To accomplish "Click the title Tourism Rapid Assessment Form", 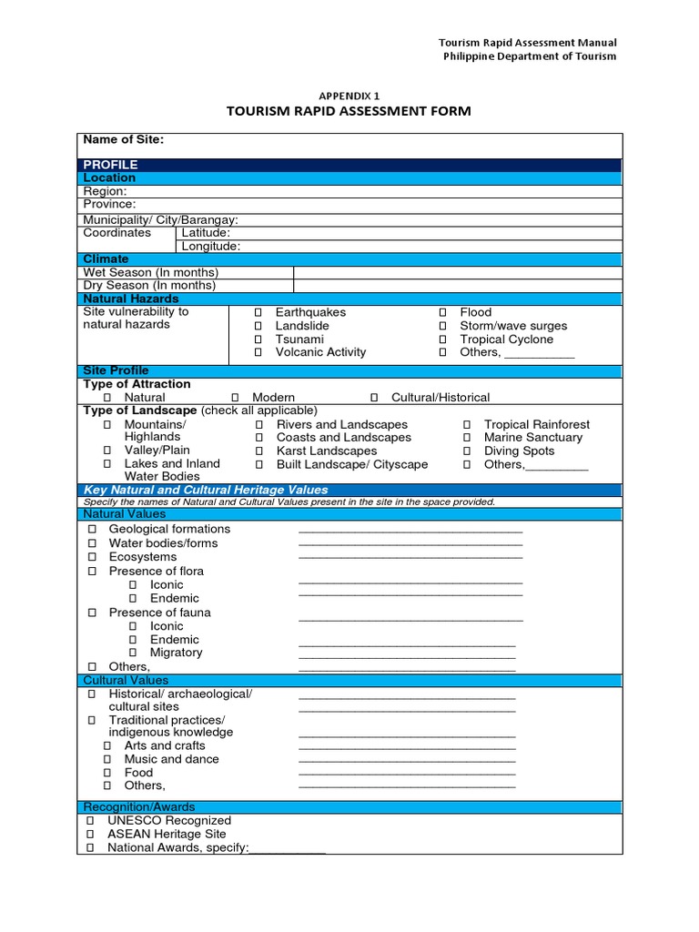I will click(x=349, y=111).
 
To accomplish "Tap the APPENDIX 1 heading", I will click(x=349, y=95).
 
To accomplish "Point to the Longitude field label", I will click(x=210, y=246).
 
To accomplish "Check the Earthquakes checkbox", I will click(x=258, y=312).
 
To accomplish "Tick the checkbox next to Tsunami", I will click(x=258, y=339).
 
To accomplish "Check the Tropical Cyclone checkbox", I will click(x=443, y=339).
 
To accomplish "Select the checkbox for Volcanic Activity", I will click(x=258, y=352).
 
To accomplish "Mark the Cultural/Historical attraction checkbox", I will click(x=374, y=398).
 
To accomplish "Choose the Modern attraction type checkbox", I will click(x=235, y=398).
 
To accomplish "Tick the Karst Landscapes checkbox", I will click(x=259, y=451).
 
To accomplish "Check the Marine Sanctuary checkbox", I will click(x=467, y=438).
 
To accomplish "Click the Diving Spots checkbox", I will click(x=467, y=451).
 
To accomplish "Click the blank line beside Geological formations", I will click(x=410, y=531).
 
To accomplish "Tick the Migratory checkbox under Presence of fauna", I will click(x=133, y=653).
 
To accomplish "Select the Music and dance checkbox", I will click(x=107, y=759).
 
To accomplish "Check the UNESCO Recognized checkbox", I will click(x=91, y=821).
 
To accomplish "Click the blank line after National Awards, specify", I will click(x=287, y=850).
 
